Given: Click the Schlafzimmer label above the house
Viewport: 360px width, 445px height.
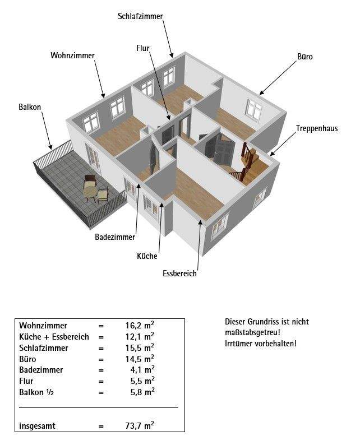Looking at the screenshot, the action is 140,16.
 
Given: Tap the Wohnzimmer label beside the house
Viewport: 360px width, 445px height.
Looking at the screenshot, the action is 72,55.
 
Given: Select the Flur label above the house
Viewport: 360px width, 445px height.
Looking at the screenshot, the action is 142,48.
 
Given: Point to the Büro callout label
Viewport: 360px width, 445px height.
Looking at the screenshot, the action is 304,57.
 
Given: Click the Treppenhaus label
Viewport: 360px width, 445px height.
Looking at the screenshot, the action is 317,128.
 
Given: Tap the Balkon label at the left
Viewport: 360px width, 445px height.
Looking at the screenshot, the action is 30,106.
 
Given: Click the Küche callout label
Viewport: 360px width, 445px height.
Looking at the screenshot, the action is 147,256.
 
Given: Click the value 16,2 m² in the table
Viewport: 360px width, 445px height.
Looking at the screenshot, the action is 140,325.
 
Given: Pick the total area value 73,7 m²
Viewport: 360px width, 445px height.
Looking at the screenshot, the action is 140,426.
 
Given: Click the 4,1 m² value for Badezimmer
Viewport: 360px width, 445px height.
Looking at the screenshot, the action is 142,370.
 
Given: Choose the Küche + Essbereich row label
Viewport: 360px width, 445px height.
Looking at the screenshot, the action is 54,337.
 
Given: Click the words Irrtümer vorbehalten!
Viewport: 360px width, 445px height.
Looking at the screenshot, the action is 261,342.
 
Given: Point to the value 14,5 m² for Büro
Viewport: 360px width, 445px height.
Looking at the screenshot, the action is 140,359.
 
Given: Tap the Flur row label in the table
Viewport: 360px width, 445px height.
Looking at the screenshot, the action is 26,381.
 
